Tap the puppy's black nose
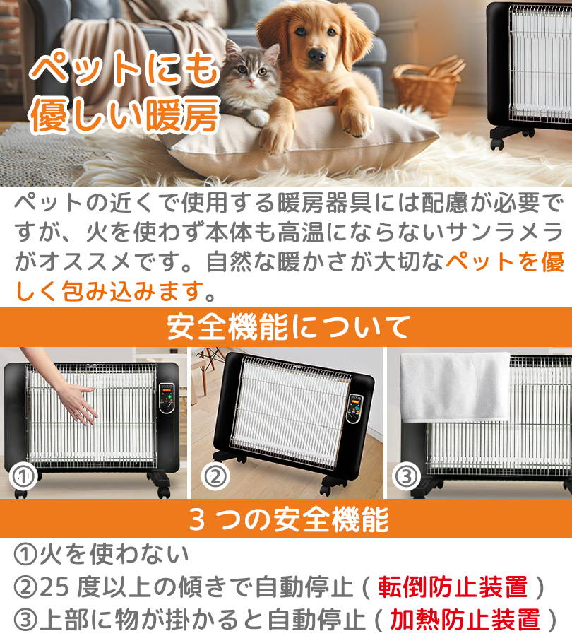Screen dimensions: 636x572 (316, 54)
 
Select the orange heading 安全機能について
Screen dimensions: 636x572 (286, 326)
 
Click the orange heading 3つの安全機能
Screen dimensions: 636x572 (286, 520)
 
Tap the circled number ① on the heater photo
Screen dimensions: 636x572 (23, 476)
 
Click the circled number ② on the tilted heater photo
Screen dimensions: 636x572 (215, 476)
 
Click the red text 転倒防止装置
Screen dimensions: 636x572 (453, 587)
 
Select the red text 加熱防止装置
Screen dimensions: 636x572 (465, 619)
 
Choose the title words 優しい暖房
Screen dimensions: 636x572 (124, 116)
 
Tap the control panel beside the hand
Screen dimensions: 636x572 (167, 403)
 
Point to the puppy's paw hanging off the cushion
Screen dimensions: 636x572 (353, 120)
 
